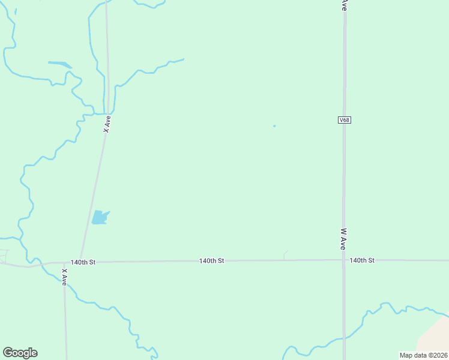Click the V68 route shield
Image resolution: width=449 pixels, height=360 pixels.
(344, 120)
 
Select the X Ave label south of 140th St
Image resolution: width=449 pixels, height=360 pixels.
(64, 277)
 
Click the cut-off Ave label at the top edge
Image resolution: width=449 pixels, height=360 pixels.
(344, 5)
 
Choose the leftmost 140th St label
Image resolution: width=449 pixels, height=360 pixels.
(83, 262)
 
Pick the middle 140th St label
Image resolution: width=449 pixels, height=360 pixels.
(212, 261)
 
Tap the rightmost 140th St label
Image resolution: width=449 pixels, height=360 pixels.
(362, 260)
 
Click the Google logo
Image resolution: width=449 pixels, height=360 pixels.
(20, 353)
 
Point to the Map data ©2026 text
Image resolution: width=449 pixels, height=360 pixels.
(424, 355)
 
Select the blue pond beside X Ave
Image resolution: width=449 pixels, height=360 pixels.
(99, 217)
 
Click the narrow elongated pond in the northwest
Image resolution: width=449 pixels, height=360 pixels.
(59, 64)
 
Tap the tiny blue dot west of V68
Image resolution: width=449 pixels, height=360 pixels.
(274, 126)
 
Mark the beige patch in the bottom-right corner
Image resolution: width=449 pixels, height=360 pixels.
(435, 339)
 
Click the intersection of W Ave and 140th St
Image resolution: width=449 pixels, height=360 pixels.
(344, 260)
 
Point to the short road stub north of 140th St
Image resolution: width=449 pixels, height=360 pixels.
(285, 254)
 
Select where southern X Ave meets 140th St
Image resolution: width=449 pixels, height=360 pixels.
(64, 262)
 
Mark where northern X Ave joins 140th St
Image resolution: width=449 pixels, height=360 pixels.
(80, 262)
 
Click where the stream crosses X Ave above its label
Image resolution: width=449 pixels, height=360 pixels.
(108, 113)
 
